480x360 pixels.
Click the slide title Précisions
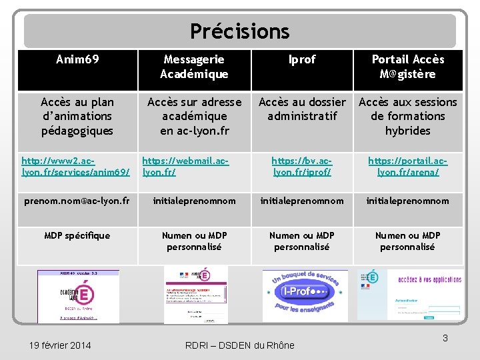(x=240, y=31)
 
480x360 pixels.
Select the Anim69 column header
(x=77, y=60)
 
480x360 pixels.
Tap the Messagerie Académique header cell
(x=194, y=67)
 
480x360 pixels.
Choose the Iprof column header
(x=302, y=60)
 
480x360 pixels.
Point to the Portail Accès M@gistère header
(x=407, y=67)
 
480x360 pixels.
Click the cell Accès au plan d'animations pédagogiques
(x=77, y=116)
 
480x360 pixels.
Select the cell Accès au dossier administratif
(x=302, y=109)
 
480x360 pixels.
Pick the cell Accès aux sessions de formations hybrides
(x=407, y=116)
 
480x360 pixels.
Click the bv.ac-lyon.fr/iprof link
(x=302, y=167)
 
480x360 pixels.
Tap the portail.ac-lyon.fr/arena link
(x=407, y=167)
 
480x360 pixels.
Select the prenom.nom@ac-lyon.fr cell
(x=77, y=201)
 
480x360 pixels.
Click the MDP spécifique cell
(x=77, y=235)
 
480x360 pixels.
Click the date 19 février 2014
(x=61, y=345)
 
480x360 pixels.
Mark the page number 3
(x=445, y=339)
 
